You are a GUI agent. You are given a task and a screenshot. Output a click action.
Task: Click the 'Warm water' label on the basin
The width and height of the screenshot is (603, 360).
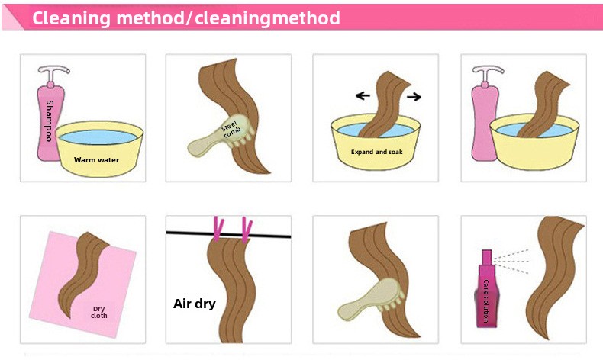coord(96,160)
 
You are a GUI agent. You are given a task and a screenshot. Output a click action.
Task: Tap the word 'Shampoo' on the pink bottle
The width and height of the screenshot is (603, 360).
coord(49,121)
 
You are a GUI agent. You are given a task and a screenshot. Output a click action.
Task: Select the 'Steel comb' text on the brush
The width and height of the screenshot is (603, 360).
coord(231,129)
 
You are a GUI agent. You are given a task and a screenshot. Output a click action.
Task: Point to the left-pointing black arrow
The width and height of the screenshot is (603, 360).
coord(363,95)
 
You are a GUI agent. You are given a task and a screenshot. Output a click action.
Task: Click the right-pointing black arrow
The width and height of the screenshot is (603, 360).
coord(414,96)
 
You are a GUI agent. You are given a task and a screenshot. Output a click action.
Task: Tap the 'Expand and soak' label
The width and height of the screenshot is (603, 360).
coord(377,152)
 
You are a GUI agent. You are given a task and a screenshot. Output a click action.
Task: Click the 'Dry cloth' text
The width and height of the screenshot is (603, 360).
coord(98,312)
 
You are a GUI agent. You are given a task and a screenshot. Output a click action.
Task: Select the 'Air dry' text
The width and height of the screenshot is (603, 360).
coord(194,304)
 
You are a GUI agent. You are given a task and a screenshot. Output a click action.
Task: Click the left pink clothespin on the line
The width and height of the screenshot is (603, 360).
coord(218,229)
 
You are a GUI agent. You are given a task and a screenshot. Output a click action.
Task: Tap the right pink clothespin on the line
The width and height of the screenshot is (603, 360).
coord(247,230)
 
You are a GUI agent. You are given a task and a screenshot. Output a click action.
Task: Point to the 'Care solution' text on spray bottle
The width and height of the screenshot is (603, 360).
coord(485,301)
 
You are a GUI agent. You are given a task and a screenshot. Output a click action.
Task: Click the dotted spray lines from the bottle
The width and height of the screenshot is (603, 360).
coord(511,262)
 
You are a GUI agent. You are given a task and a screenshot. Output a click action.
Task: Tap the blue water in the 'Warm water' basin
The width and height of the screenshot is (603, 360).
coord(98,137)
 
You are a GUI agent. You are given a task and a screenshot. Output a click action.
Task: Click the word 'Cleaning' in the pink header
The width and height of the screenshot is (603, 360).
coord(71,18)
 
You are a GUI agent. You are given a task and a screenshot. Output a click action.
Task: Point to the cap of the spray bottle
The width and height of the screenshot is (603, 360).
coord(487,258)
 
